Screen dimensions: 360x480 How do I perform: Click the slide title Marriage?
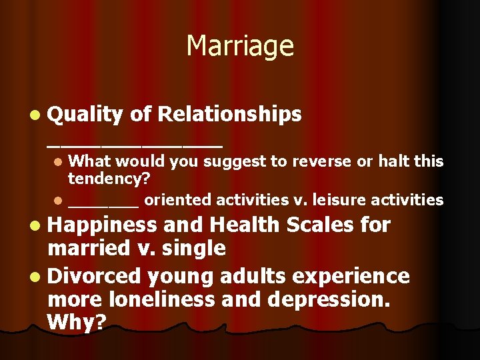(x=240, y=46)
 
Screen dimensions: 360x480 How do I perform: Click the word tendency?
(x=109, y=179)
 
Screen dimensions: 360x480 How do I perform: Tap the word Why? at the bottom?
(x=77, y=323)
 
